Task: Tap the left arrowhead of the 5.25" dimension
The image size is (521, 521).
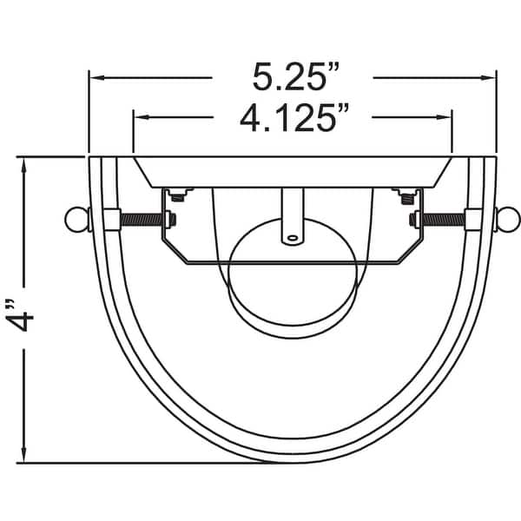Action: point(96,77)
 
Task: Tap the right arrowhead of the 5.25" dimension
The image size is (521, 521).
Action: point(489,77)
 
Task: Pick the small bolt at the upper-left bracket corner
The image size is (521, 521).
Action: point(178,196)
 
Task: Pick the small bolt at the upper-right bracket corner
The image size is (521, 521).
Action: point(405,196)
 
